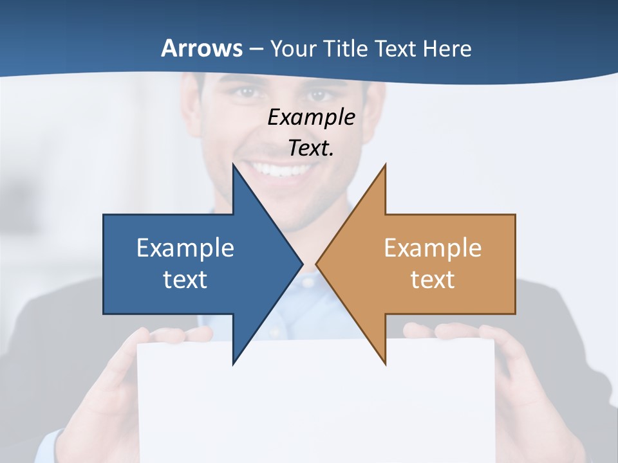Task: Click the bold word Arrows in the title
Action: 201,48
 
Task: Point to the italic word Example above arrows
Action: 311,118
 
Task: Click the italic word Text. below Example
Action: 311,149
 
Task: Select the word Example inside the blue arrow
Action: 185,248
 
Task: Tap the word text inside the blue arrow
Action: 185,280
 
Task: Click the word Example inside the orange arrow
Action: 433,248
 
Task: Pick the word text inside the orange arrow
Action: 433,280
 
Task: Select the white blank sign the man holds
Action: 315,405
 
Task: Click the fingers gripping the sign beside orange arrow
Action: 451,332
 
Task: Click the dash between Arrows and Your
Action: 256,49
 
